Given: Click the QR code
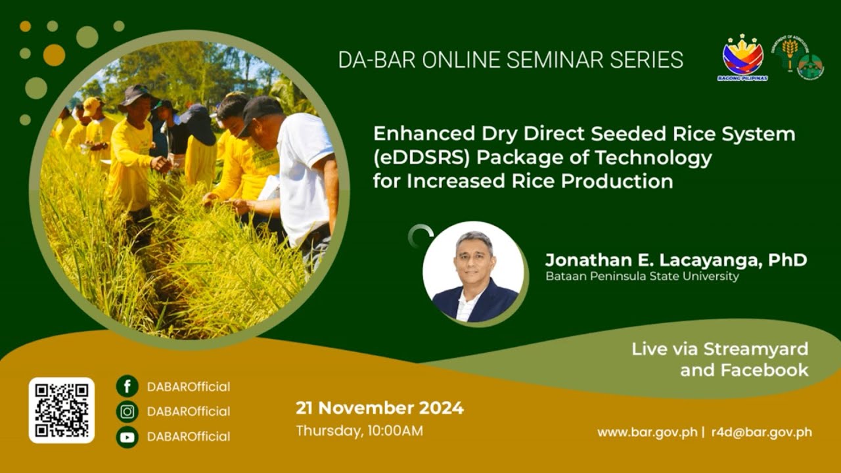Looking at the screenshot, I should [62, 410].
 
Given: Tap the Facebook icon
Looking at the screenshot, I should [127, 386].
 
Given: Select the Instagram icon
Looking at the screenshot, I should [127, 411].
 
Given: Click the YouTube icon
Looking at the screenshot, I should [127, 436].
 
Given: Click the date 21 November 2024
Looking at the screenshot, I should [379, 408].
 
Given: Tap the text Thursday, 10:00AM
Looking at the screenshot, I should [359, 431].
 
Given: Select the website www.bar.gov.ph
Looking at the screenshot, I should [647, 432].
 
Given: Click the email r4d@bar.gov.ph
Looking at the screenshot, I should [761, 432].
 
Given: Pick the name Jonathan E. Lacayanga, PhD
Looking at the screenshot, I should [675, 260].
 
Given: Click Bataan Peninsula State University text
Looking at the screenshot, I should [642, 277].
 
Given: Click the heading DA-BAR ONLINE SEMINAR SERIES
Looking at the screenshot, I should [511, 60].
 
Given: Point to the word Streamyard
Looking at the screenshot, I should [756, 349].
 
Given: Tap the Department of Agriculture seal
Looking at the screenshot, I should [790, 50].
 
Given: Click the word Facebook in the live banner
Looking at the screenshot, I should [764, 370].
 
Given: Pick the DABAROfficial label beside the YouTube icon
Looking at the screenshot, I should [189, 436].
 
